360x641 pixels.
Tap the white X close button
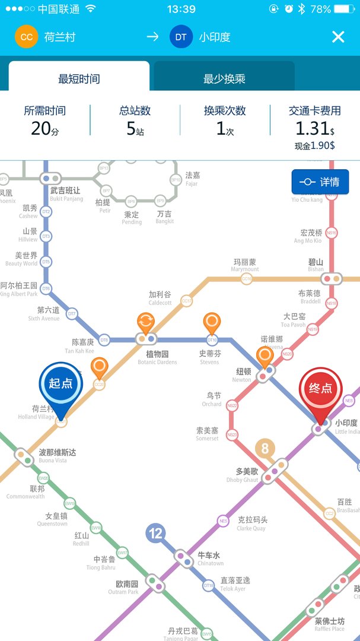point(338,37)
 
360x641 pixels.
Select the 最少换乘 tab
point(224,78)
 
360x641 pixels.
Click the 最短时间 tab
point(79,78)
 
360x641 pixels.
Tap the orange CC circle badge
point(26,37)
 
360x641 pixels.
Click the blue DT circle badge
point(181,37)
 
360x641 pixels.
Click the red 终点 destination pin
point(320,391)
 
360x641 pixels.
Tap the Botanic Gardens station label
point(158,357)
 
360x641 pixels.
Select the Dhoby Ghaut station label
point(243,475)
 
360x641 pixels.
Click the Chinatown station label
point(211,559)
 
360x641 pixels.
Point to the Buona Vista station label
point(58,456)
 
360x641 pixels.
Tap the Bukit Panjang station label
point(65,194)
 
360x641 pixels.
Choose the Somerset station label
point(207,434)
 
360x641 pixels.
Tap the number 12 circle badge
point(155,534)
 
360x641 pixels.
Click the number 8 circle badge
point(265,448)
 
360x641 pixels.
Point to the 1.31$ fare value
point(315,128)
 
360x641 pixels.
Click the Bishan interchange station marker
point(331,278)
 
